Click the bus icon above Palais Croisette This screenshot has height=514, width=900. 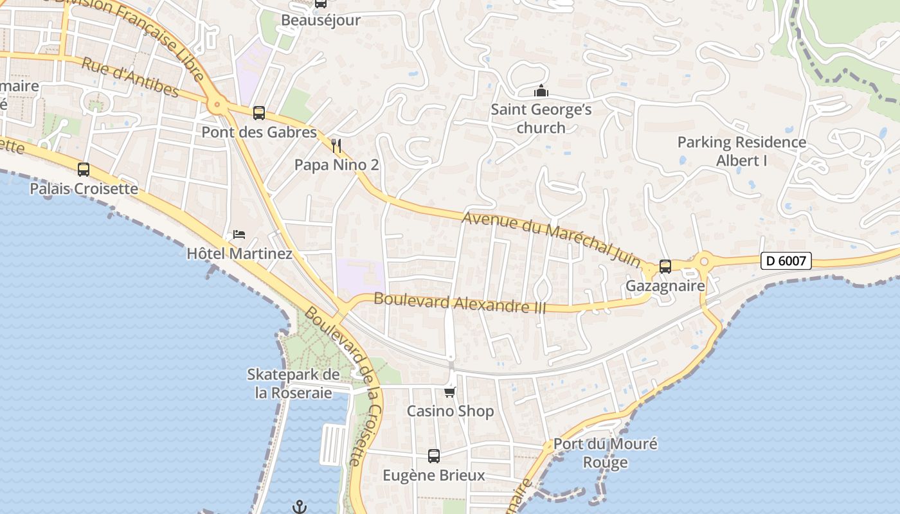pos(84,170)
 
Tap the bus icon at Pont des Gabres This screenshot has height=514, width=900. pos(259,113)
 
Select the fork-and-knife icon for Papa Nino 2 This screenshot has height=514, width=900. pos(336,146)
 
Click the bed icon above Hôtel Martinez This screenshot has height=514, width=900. pos(239,234)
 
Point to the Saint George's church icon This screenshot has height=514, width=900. pos(541,91)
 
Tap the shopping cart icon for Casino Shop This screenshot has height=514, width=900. pos(450,392)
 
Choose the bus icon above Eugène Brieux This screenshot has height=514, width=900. pos(434,456)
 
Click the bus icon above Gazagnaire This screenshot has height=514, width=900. pos(665,266)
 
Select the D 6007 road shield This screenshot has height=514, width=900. pos(786,261)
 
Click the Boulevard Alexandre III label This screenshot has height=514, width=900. pos(460,303)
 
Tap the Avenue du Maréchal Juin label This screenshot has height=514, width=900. pos(552,239)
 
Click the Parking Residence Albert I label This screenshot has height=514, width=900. pos(741,151)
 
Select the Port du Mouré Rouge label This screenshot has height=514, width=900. pos(605,453)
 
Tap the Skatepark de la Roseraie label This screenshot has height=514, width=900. pos(293,384)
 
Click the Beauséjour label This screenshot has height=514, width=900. pos(320,20)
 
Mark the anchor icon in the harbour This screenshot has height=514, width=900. pos(300,507)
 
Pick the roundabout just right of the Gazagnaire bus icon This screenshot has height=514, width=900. pos(704,261)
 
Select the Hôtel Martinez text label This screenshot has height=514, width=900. pos(239,254)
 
